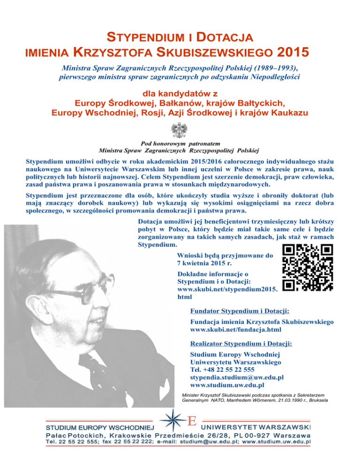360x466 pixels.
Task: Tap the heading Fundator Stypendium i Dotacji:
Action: pyautogui.click(x=239, y=311)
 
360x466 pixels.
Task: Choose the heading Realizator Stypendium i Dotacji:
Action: pyautogui.click(x=241, y=344)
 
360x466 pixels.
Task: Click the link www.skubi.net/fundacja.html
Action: pyautogui.click(x=239, y=330)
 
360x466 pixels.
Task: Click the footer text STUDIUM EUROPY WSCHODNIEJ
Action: pyautogui.click(x=99, y=428)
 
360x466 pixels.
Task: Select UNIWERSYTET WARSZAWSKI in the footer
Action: pyautogui.click(x=256, y=428)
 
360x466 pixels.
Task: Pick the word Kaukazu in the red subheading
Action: pyautogui.click(x=287, y=113)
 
